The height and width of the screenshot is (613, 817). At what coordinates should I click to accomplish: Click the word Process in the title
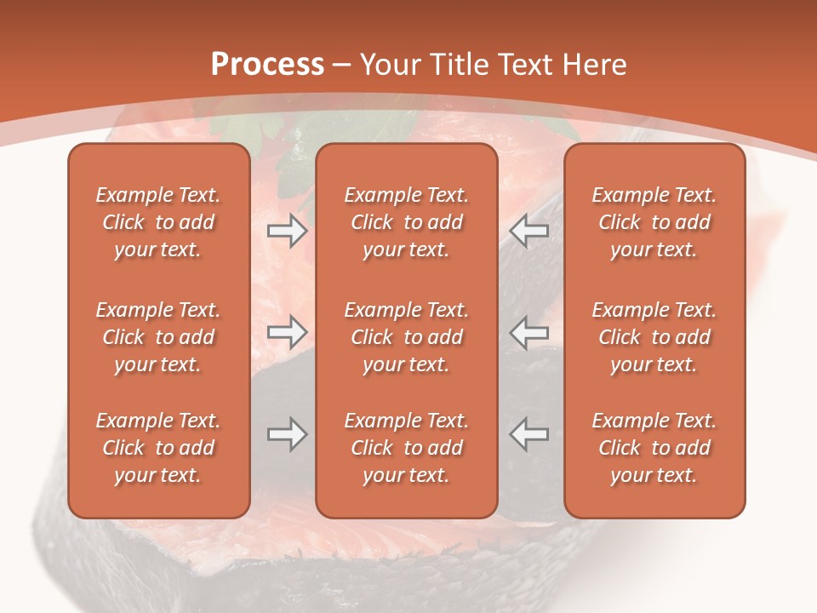(267, 65)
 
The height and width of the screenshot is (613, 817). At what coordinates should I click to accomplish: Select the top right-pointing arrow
(287, 231)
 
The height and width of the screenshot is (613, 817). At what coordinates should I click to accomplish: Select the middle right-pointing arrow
(287, 332)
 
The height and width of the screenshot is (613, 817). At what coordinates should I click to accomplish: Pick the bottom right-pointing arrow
(287, 434)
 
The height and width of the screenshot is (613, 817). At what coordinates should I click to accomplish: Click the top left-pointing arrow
(528, 231)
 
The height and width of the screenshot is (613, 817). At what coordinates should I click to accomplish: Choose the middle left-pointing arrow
(528, 332)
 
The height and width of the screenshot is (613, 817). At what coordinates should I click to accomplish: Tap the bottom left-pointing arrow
(528, 434)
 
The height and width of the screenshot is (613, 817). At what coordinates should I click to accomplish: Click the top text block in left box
(158, 222)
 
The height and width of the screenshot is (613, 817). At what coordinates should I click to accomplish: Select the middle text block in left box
(158, 337)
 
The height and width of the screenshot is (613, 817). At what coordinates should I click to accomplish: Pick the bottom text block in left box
(158, 448)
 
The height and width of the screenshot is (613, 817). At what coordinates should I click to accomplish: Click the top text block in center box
(406, 222)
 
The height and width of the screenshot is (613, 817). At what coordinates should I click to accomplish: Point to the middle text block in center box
(406, 337)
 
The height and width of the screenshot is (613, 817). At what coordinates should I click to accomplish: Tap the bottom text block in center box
(406, 448)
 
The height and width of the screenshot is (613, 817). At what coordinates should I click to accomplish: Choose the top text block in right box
(654, 222)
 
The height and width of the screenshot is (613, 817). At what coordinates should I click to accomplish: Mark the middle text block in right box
(654, 337)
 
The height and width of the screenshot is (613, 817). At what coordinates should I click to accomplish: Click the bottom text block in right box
(654, 448)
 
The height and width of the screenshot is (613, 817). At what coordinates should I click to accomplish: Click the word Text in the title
(522, 65)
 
